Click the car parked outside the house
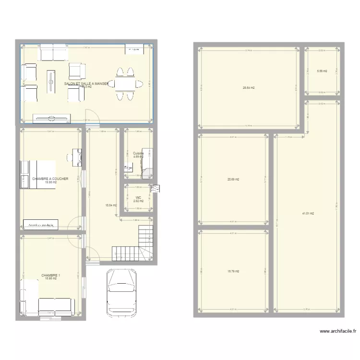tap(121, 289)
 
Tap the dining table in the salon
tap(125, 84)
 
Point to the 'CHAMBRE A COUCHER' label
tap(50, 179)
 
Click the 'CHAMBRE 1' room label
tap(50, 276)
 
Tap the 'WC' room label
tap(138, 197)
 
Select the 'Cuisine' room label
tap(138, 153)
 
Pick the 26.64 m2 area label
tap(249, 88)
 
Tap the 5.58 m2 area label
tap(322, 71)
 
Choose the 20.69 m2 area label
tap(233, 180)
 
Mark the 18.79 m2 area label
tap(233, 271)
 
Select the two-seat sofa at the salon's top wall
tap(53, 53)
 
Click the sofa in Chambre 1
tap(55, 306)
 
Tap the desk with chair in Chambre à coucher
tap(77, 157)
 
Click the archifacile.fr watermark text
tap(338, 331)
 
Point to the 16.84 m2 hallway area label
tap(111, 205)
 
